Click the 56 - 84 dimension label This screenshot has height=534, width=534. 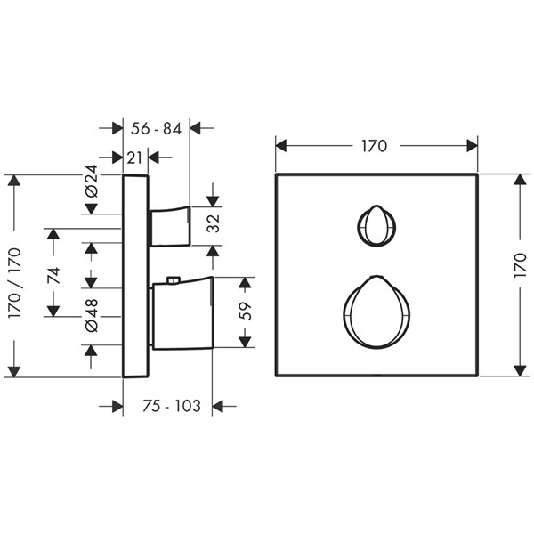click(156, 129)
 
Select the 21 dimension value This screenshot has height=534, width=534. click(134, 158)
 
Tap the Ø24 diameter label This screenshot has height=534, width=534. click(92, 181)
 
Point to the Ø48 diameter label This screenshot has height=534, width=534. click(92, 315)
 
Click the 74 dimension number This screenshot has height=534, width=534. click(53, 276)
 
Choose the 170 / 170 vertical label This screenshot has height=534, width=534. click(14, 283)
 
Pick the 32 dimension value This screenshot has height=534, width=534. click(214, 223)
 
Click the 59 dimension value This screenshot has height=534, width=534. click(246, 311)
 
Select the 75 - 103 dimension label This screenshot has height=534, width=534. click(172, 406)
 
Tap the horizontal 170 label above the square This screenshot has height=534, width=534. click(374, 146)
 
